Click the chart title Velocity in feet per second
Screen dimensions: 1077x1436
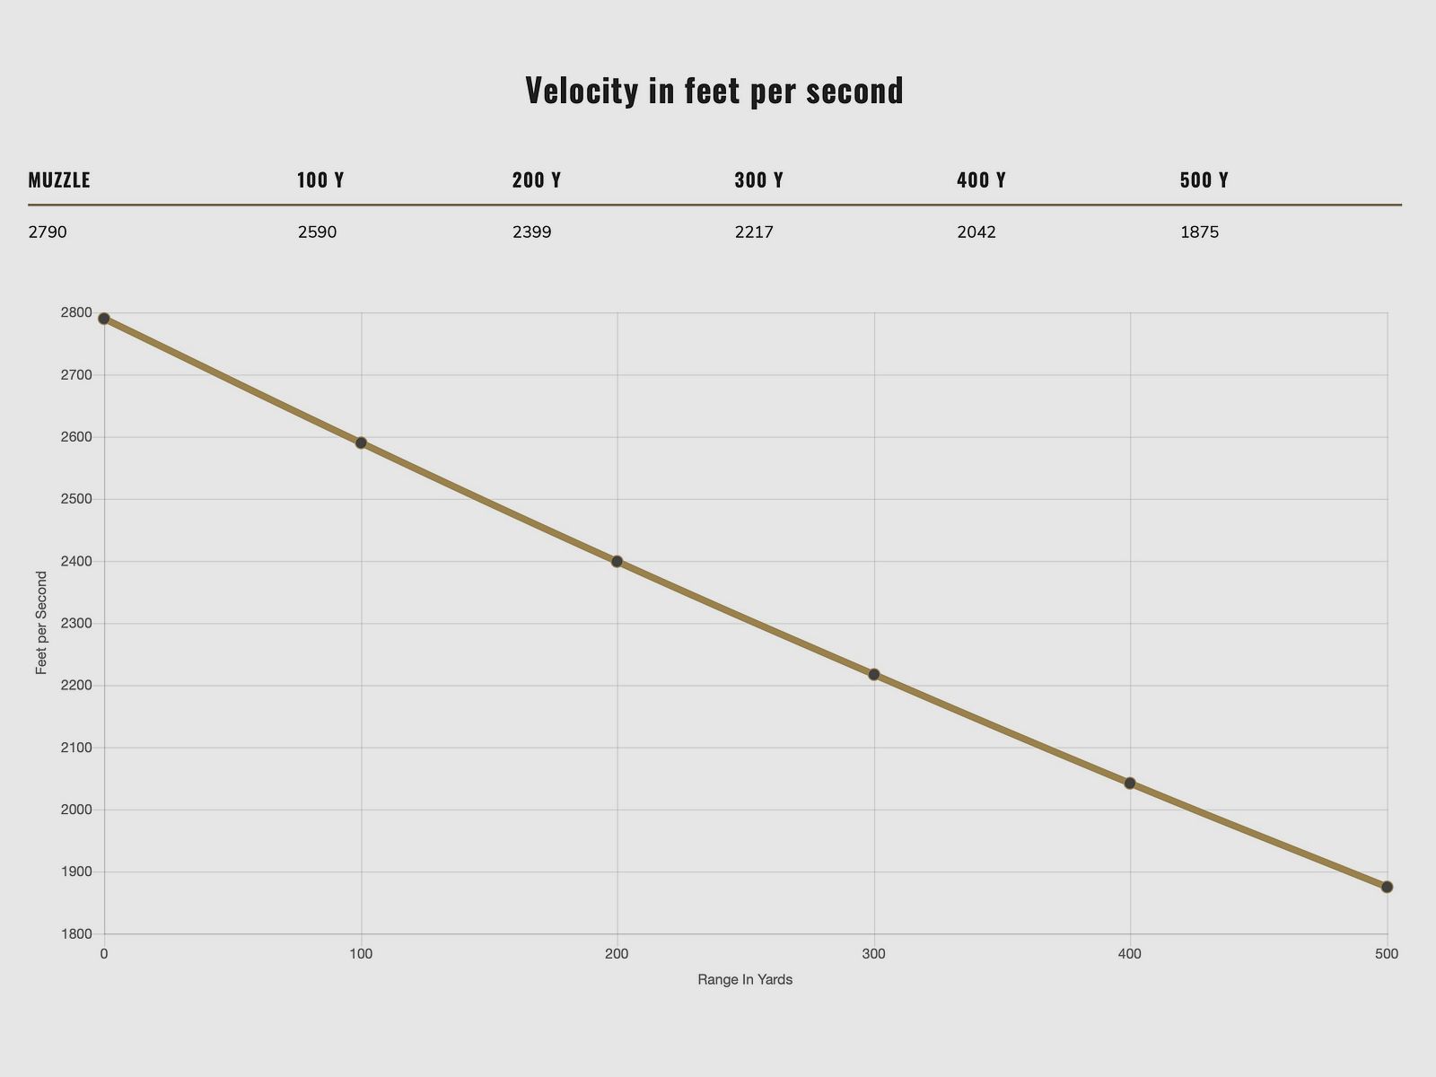tap(714, 91)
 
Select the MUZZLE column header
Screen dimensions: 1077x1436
tap(59, 180)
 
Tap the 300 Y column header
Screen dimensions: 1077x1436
tap(758, 180)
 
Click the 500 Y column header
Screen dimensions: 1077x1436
tap(1204, 180)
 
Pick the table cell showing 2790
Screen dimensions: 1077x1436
tap(48, 232)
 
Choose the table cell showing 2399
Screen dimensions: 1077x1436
tap(532, 232)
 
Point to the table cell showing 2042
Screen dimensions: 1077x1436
tap(976, 232)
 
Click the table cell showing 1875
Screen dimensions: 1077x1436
tap(1199, 232)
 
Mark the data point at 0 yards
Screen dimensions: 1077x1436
tap(104, 319)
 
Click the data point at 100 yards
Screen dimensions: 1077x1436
tap(361, 442)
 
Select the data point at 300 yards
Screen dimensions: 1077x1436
tap(874, 674)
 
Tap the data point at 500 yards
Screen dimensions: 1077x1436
tap(1387, 887)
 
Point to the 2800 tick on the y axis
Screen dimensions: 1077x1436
tap(76, 312)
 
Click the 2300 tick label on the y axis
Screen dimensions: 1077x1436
tap(76, 623)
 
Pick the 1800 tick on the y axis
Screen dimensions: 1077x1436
tap(76, 934)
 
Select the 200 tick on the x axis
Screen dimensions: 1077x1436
tap(617, 954)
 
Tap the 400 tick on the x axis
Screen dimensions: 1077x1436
tap(1130, 954)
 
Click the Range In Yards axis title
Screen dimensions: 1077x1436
tap(745, 980)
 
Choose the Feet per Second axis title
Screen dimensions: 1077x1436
tap(41, 623)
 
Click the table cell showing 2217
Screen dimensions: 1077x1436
tap(754, 232)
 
